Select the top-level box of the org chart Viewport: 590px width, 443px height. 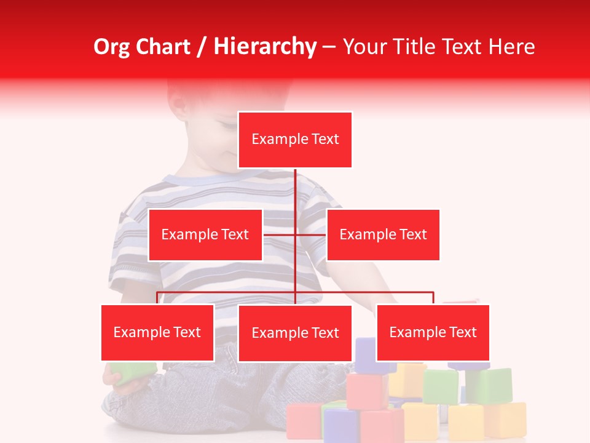295,140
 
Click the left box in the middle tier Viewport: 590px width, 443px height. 205,234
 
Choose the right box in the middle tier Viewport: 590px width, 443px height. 383,234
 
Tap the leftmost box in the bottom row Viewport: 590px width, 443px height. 157,332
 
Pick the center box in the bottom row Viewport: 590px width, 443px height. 295,333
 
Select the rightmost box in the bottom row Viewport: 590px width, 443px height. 433,332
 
